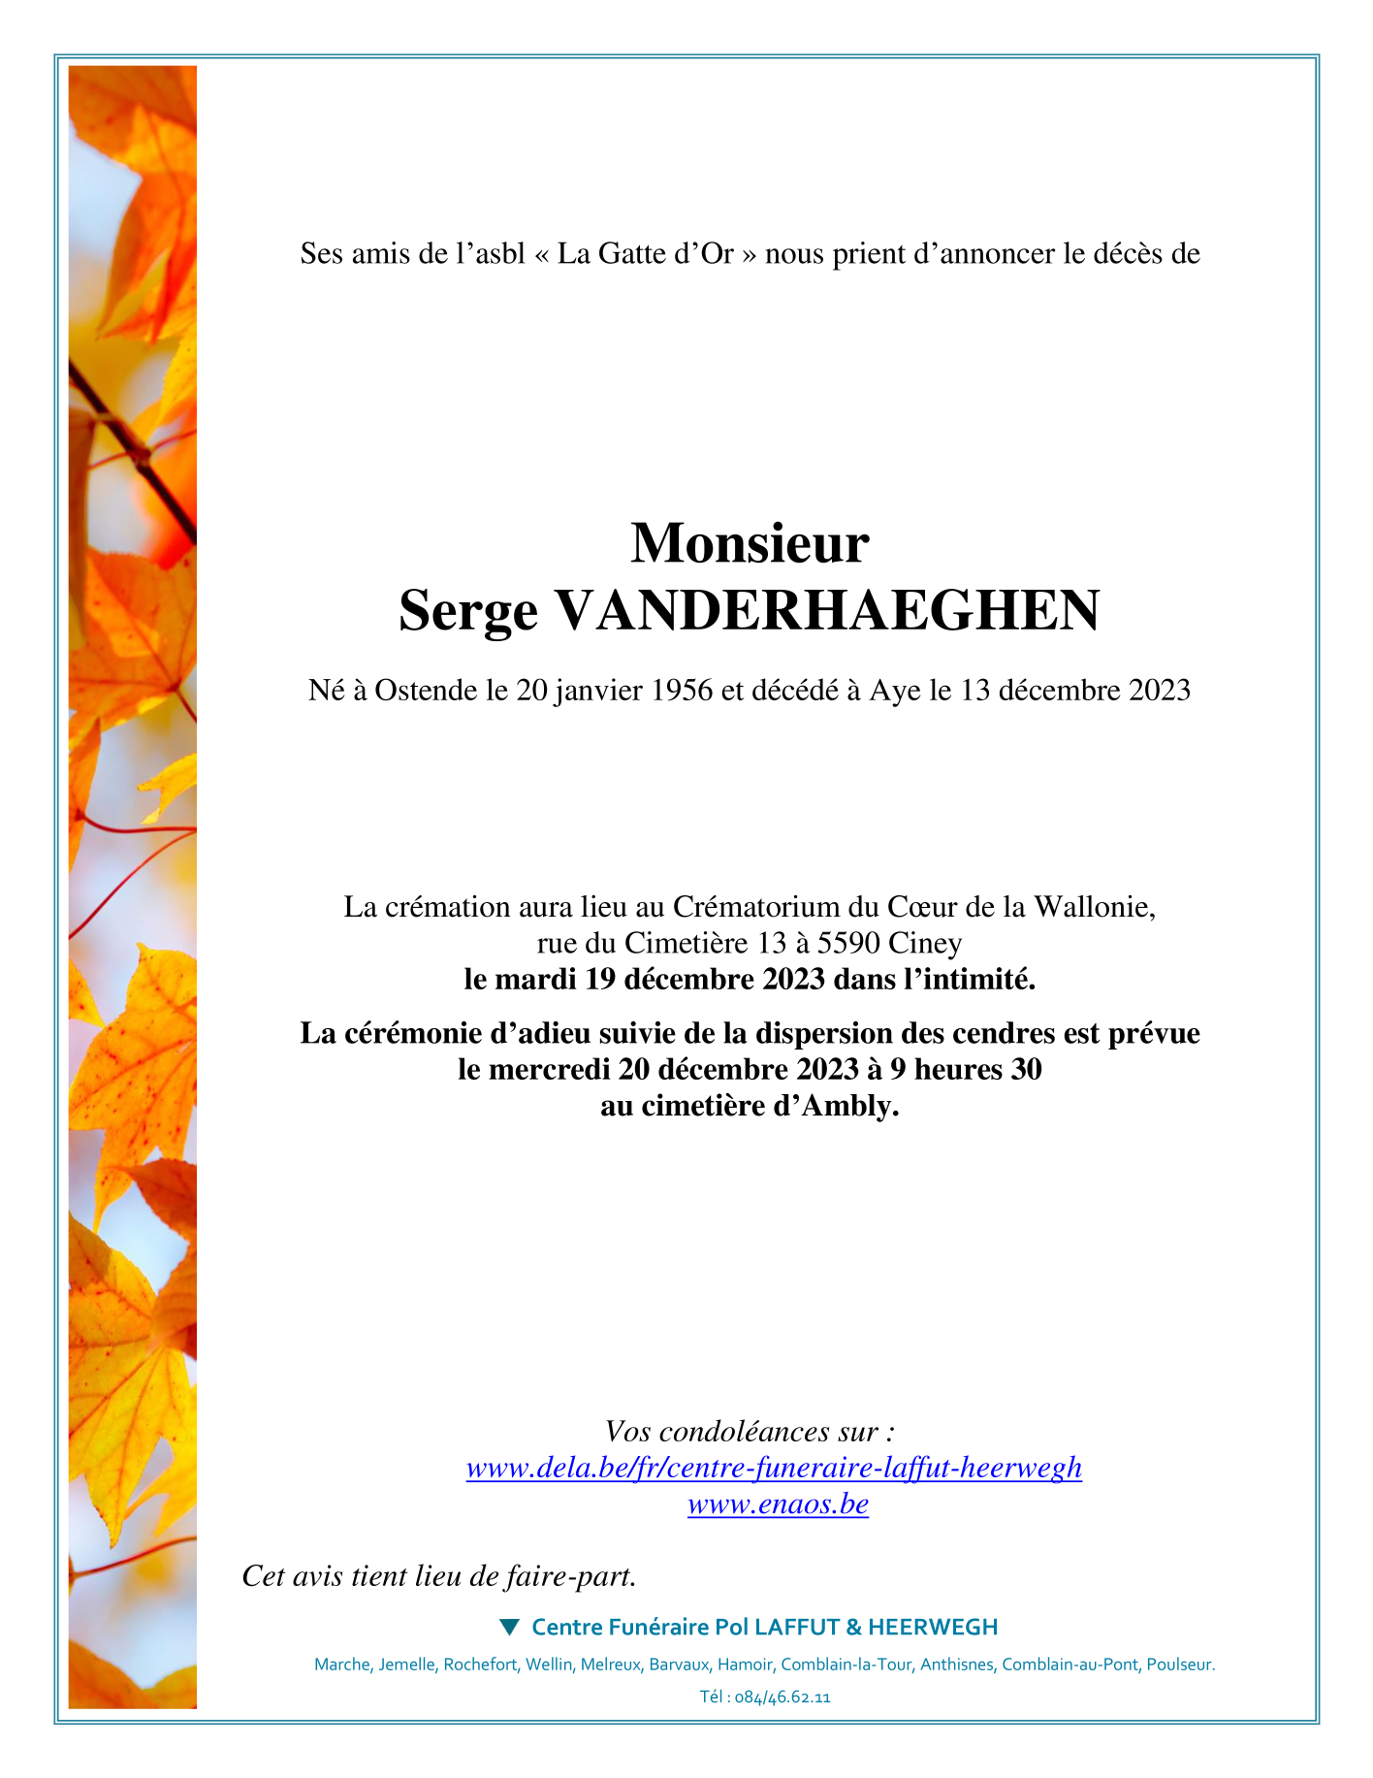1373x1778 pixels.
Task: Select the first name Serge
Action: (467, 612)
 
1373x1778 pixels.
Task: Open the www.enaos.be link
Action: (778, 1504)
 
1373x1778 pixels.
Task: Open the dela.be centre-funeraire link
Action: (774, 1468)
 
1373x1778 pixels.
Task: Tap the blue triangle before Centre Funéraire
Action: (509, 1626)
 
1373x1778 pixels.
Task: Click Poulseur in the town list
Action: (1180, 1665)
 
